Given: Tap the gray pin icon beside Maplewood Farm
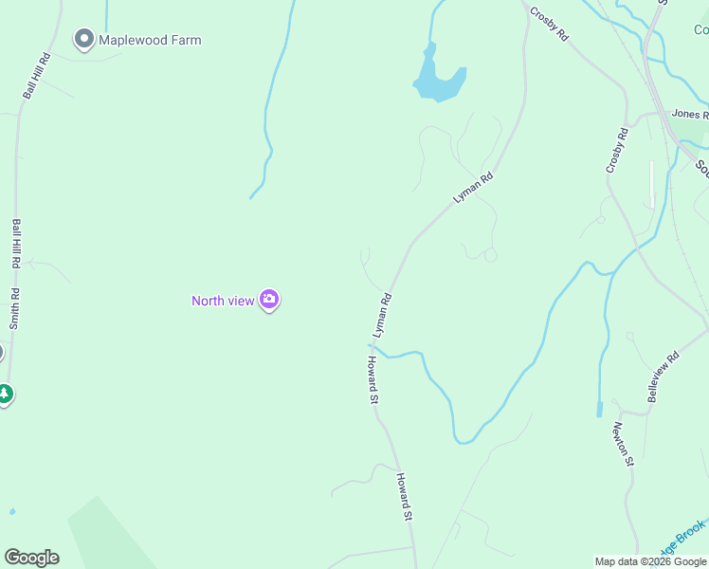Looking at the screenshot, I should (83, 40).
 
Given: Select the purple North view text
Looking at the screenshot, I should (223, 301).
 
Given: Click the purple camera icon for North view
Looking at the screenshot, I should (269, 301).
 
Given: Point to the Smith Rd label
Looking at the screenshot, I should (15, 308).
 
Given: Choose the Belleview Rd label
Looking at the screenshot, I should (664, 377).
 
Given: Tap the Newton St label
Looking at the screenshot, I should (623, 444).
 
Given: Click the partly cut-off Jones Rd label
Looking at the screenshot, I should (690, 114).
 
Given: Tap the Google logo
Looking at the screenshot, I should (31, 558).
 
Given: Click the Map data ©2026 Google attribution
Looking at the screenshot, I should (650, 561).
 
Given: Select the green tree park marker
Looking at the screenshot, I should (6, 394).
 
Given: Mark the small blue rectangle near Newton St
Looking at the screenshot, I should (599, 410).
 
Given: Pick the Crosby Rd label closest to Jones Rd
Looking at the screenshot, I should (617, 150).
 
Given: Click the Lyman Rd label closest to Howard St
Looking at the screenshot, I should (383, 315).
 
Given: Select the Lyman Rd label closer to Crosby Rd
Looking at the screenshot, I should (474, 187).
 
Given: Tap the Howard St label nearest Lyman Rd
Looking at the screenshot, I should (373, 381).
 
